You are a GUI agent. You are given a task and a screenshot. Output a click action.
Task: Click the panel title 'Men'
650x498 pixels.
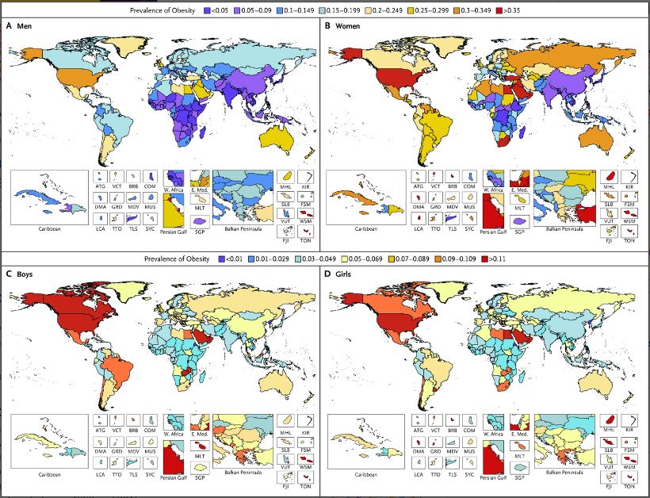22,27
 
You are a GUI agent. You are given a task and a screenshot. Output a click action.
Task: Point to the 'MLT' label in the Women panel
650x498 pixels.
520,209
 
